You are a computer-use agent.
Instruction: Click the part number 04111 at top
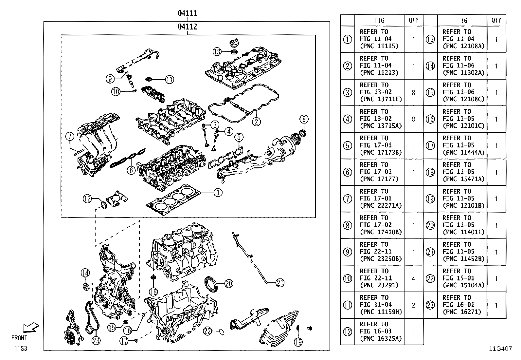click(x=187, y=13)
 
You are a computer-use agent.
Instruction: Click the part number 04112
click(x=187, y=27)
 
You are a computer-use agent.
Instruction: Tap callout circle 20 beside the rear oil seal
click(x=228, y=283)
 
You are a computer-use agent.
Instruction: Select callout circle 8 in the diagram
click(x=303, y=119)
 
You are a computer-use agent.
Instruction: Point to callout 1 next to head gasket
click(x=218, y=193)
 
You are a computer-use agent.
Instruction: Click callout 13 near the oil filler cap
click(x=217, y=51)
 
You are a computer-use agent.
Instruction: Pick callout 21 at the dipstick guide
click(x=280, y=282)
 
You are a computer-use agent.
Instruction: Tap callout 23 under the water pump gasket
click(x=96, y=341)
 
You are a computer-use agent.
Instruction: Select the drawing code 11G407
click(x=500, y=349)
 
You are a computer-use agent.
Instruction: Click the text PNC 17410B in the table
click(x=381, y=232)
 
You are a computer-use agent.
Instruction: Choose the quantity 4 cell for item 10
click(x=413, y=279)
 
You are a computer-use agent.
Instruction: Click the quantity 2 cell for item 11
click(x=413, y=305)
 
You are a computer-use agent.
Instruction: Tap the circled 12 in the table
click(x=348, y=332)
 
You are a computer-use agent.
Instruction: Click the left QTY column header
click(x=413, y=20)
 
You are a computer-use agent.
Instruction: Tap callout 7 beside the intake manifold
click(x=70, y=137)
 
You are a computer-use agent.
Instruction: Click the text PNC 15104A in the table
click(x=463, y=285)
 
